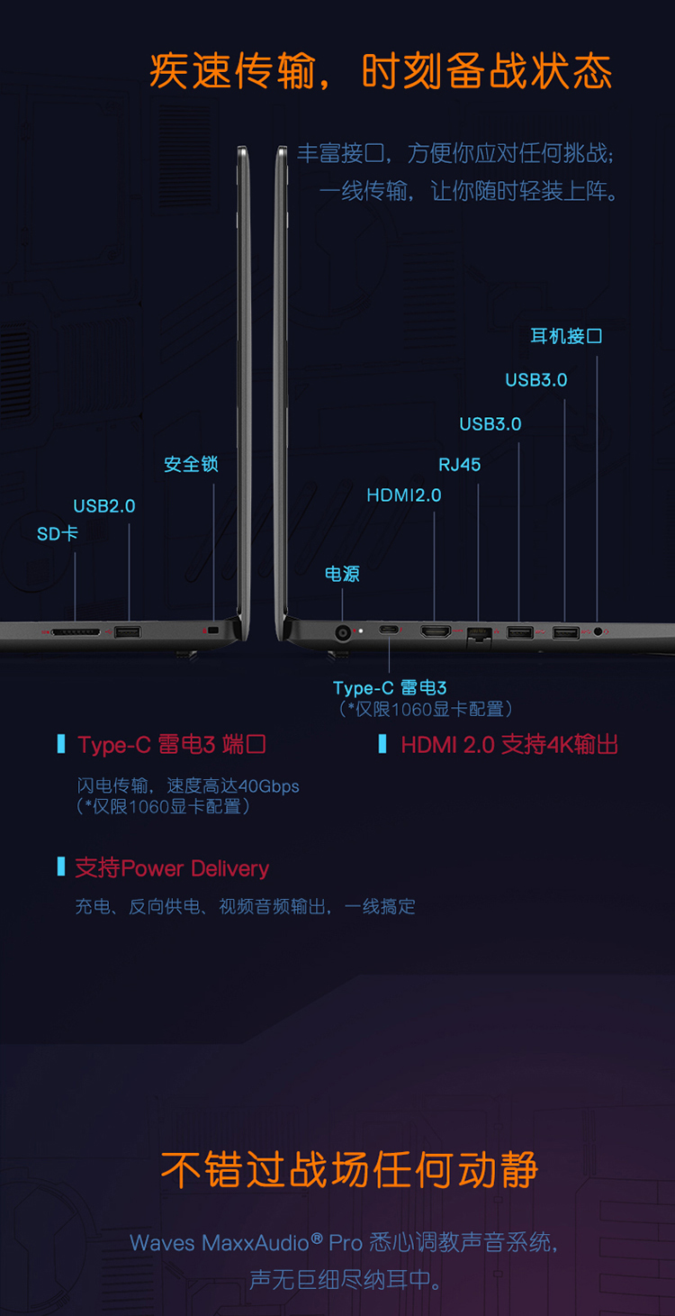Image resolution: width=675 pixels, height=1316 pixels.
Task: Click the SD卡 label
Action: tap(58, 533)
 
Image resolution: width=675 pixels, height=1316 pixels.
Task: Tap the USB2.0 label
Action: tap(103, 506)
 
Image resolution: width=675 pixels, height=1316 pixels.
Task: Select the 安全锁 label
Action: tap(191, 464)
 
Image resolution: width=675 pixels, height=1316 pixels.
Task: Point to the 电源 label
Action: tap(342, 574)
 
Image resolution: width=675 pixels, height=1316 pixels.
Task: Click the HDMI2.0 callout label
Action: tap(404, 495)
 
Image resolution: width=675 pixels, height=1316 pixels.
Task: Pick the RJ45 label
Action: tap(460, 465)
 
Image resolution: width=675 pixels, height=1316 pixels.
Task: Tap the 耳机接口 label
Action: tap(566, 336)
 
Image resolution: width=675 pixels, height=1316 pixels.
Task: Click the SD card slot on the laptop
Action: tap(76, 632)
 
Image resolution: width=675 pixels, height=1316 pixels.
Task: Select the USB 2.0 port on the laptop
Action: tap(128, 632)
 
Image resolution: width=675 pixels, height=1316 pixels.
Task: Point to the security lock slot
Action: tap(213, 631)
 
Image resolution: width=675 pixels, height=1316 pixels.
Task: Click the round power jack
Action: tap(343, 632)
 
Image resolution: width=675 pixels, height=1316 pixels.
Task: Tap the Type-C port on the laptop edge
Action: tap(389, 630)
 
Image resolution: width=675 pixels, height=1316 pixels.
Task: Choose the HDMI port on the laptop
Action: tap(436, 631)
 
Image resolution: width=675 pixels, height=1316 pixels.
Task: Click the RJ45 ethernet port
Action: tap(479, 635)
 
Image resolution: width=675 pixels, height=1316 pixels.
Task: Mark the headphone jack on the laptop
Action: tap(598, 631)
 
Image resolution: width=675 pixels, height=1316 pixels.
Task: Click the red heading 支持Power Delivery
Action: tap(172, 868)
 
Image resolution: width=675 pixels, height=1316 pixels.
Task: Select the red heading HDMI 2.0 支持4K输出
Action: tap(509, 745)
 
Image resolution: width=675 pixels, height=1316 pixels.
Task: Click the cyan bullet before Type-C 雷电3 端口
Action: tap(61, 743)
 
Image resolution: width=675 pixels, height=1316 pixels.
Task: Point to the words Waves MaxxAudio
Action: tap(219, 1242)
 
